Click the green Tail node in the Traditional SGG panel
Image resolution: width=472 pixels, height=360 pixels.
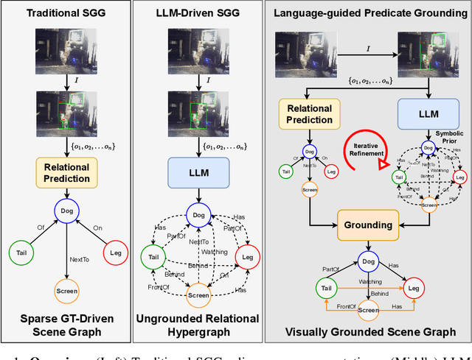pyautogui.click(x=21, y=253)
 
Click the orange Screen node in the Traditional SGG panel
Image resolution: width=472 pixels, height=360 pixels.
pyautogui.click(x=67, y=291)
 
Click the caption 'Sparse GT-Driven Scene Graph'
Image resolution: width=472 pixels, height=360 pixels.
pyautogui.click(x=67, y=325)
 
